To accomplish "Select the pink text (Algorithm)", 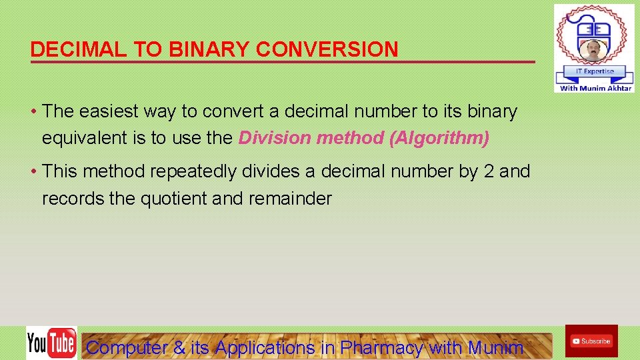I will pos(439,138).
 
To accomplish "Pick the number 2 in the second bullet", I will pos(488,171).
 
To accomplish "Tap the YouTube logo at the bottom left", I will pos(51,343).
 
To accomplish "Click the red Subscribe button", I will pos(591,341).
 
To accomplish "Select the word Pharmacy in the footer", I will pos(381,347).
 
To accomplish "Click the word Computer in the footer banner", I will pos(127,347).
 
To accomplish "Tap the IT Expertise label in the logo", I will pos(593,71).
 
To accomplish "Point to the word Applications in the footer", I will pos(265,347).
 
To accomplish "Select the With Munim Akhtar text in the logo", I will pos(595,87).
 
